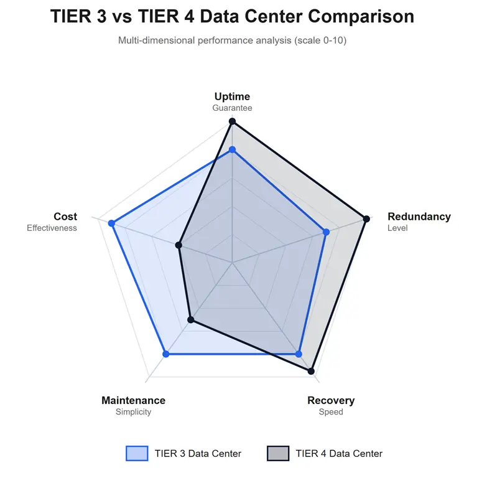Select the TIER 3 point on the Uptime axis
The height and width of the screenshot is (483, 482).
232,149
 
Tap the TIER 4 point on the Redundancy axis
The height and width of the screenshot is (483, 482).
366,218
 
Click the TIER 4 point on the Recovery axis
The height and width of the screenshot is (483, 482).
312,372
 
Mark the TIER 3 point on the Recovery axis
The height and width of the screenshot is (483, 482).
299,354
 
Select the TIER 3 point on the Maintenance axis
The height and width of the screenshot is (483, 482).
165,354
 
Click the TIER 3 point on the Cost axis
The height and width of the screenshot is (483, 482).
112,223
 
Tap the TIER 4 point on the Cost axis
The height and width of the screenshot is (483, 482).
178,245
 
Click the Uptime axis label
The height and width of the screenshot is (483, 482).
232,96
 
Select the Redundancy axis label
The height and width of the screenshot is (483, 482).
419,217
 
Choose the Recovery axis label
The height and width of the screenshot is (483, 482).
331,400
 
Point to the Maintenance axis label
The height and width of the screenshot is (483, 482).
133,400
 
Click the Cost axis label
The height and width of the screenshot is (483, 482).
65,217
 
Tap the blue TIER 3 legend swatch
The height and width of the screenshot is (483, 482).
137,453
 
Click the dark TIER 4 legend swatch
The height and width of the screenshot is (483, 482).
278,453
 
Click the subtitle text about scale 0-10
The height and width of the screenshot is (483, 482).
232,40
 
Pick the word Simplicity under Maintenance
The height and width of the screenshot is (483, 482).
133,412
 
